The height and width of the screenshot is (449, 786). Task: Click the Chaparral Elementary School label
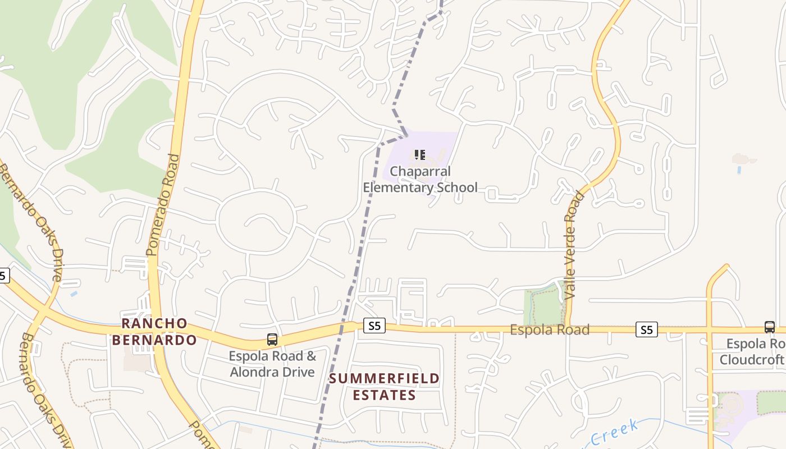[x=420, y=179]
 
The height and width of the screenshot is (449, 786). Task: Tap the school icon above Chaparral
[x=419, y=154]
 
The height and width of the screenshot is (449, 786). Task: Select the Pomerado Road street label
[x=163, y=205]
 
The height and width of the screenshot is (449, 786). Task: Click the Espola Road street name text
[x=549, y=329]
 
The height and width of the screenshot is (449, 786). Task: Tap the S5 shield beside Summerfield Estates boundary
[x=374, y=326]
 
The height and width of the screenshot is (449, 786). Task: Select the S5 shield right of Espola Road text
[x=646, y=329]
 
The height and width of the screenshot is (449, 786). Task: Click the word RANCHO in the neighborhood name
[x=154, y=323]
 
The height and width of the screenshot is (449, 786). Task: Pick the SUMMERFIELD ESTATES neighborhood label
[x=385, y=387]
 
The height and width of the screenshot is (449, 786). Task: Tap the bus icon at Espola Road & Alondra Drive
[x=272, y=339]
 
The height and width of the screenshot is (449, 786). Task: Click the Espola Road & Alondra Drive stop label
[x=272, y=364]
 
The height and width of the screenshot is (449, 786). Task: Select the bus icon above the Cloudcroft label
[x=769, y=327]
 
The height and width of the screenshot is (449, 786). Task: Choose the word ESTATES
[x=385, y=395]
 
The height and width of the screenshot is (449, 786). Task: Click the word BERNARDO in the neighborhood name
[x=154, y=340]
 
